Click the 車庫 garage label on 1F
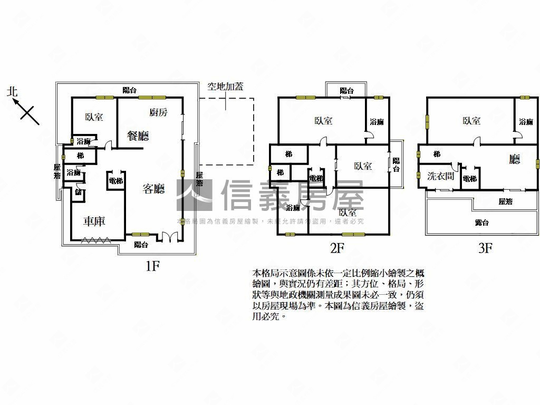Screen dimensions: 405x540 click(x=94, y=221)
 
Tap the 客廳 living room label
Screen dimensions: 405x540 click(x=154, y=188)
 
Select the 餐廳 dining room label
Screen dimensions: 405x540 click(x=138, y=136)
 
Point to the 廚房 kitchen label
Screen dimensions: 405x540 click(x=158, y=112)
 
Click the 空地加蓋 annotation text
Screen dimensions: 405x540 click(x=225, y=87)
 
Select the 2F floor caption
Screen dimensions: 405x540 click(x=337, y=248)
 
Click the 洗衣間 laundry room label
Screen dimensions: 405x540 click(x=440, y=176)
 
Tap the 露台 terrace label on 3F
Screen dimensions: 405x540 click(x=481, y=223)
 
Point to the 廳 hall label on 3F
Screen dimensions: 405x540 click(x=514, y=159)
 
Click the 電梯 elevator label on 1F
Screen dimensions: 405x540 click(x=115, y=180)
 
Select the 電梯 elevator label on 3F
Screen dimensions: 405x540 click(x=469, y=179)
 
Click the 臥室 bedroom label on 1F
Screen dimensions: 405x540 click(x=94, y=117)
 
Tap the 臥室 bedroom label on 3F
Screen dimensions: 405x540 click(x=471, y=121)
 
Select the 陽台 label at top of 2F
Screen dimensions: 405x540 click(x=346, y=91)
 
